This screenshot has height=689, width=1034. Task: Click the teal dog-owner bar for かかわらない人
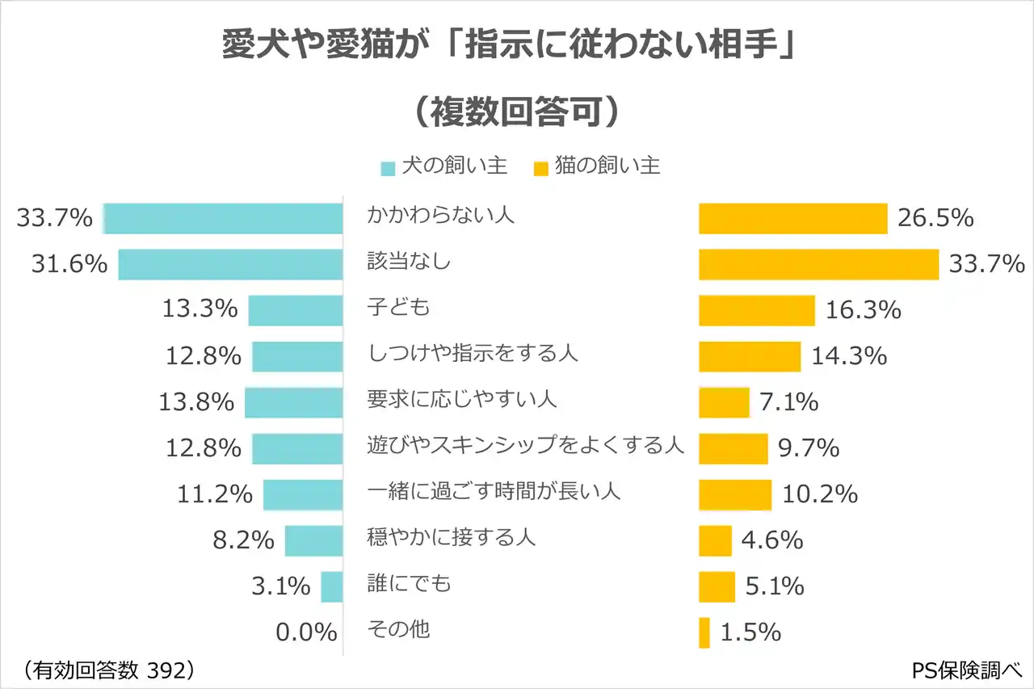(223, 219)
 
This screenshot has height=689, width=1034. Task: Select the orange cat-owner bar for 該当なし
(818, 264)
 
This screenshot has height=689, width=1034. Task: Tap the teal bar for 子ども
(295, 310)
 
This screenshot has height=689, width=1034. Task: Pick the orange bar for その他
(704, 632)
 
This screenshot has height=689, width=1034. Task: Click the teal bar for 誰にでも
(331, 586)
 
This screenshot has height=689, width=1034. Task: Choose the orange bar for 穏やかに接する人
(715, 540)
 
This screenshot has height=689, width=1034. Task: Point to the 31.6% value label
(69, 264)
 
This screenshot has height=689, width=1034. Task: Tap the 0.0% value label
(306, 632)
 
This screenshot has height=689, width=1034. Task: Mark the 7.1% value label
(788, 401)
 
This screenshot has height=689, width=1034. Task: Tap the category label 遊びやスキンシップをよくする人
(526, 445)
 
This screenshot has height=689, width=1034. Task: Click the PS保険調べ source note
(967, 670)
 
